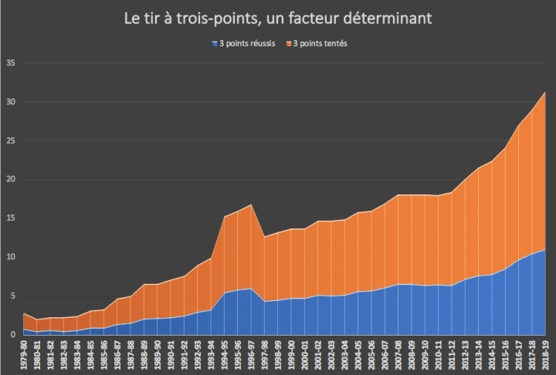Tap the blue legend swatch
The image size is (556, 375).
214,42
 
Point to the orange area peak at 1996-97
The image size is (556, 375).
250,204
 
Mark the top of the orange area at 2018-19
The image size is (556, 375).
545,93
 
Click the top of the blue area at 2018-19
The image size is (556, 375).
545,250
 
